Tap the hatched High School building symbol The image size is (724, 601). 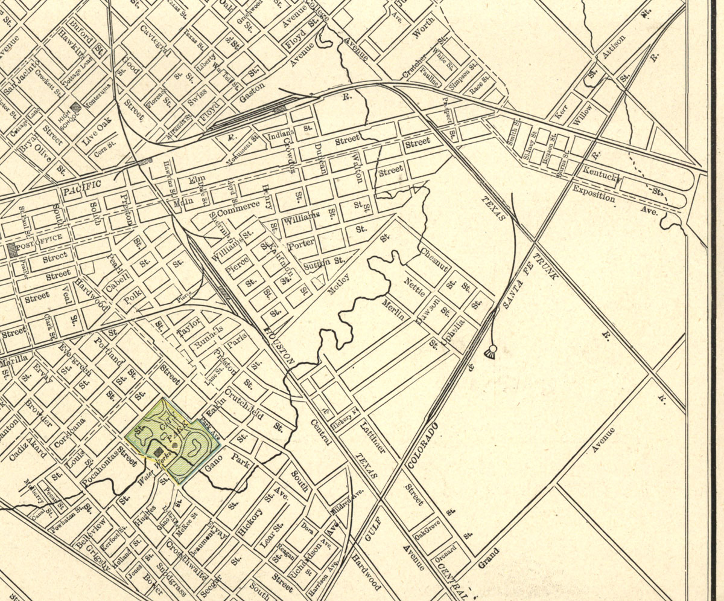coord(75,108)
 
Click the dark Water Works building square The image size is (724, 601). coord(158,451)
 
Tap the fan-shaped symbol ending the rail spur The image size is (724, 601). coord(491,353)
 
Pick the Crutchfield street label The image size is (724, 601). coord(244,404)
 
